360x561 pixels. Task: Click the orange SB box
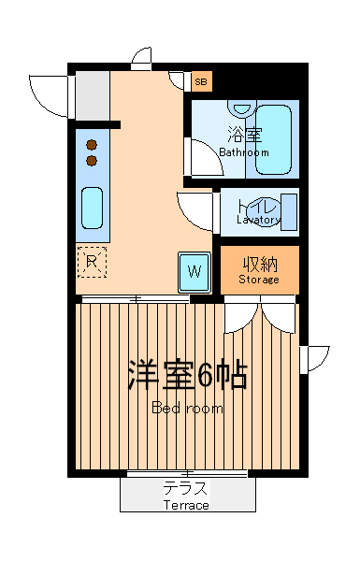tap(201, 81)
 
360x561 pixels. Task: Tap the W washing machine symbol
tap(194, 272)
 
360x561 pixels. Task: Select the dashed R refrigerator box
tap(92, 261)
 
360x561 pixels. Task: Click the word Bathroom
tap(243, 151)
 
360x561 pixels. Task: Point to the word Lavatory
tap(258, 221)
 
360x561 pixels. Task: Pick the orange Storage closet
tap(259, 269)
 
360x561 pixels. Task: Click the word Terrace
tap(186, 505)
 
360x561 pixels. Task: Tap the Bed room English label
tap(187, 409)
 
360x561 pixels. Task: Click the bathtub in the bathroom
tap(275, 139)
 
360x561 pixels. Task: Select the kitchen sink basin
tap(92, 207)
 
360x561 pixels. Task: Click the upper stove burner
tap(92, 145)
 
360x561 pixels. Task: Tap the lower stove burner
tap(92, 160)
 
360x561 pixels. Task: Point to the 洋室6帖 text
tap(187, 376)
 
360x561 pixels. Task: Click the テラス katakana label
tap(185, 488)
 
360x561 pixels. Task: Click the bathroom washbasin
tap(241, 108)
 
